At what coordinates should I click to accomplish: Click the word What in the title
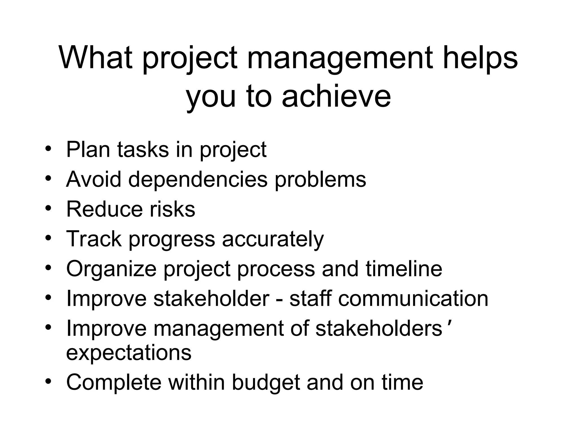pyautogui.click(x=96, y=58)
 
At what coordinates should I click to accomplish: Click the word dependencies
pyautogui.click(x=197, y=179)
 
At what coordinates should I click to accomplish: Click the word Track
pyautogui.click(x=94, y=239)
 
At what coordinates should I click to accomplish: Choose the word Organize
pyautogui.click(x=111, y=269)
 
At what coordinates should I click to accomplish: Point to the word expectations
pyautogui.click(x=129, y=353)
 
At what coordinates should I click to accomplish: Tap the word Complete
pyautogui.click(x=114, y=383)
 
